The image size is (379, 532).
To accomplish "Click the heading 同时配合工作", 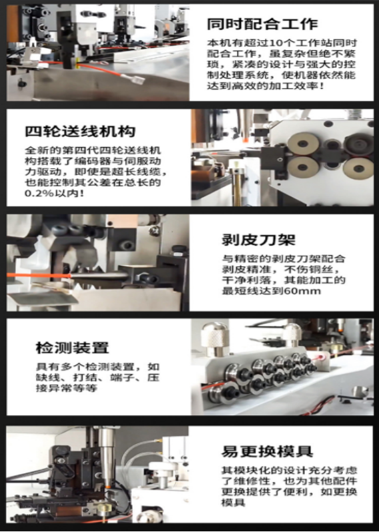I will tap(262, 25).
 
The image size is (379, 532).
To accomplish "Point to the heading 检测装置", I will tap(72, 348).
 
